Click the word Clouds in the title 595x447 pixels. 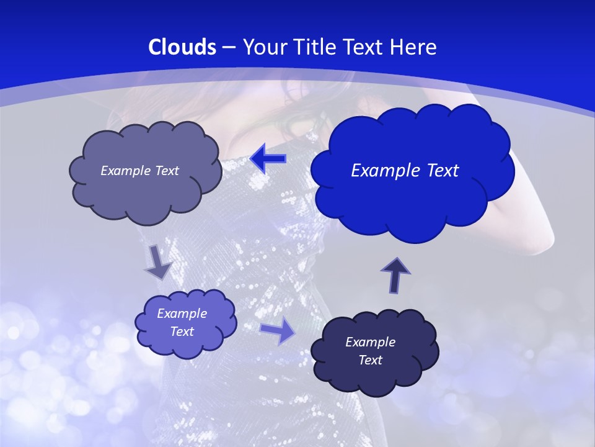point(182,47)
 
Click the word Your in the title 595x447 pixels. point(262,47)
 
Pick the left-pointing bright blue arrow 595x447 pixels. point(268,159)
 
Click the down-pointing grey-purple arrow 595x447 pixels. point(158,261)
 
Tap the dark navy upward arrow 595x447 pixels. point(395,275)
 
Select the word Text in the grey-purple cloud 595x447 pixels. point(167,171)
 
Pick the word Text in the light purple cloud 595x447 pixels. point(182,332)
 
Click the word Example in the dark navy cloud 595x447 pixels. point(370,342)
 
